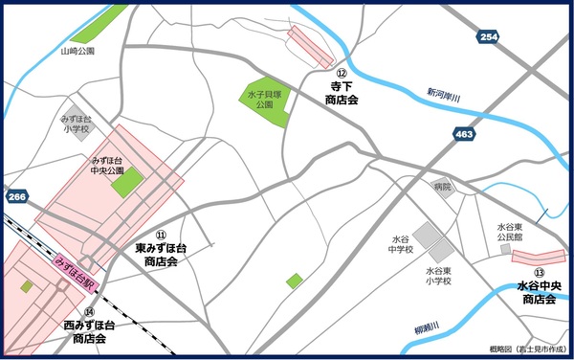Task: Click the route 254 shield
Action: click(x=489, y=36)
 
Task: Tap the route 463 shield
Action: click(x=464, y=135)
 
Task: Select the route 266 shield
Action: click(x=16, y=196)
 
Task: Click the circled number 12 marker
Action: click(x=340, y=72)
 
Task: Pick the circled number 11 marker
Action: click(x=161, y=235)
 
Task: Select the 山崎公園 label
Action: click(x=77, y=52)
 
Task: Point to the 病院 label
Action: click(x=441, y=187)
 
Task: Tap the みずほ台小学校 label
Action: click(x=75, y=122)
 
